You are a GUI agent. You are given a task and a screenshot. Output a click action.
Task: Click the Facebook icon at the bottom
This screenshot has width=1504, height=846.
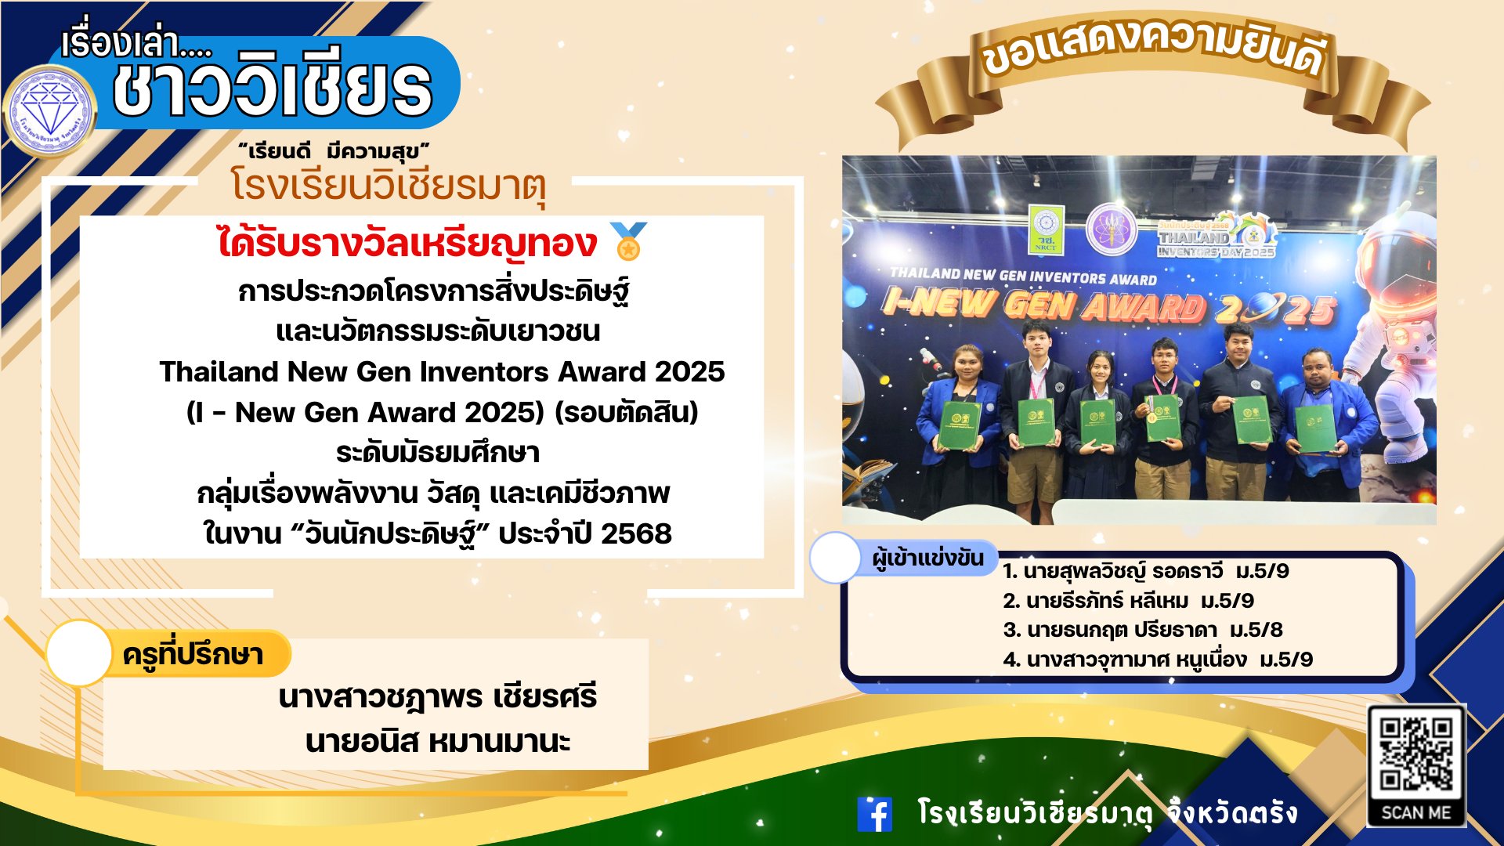[875, 814]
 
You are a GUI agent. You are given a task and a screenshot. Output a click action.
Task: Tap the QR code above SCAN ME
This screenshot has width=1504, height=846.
[1416, 756]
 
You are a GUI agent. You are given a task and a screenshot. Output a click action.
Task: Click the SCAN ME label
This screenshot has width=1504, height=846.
[1416, 812]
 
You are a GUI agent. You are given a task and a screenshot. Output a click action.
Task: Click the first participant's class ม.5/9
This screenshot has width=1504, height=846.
[1262, 571]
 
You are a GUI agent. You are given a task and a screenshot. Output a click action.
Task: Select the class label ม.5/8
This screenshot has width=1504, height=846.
[1256, 630]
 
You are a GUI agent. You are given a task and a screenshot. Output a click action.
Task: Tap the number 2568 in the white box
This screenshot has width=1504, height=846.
[636, 533]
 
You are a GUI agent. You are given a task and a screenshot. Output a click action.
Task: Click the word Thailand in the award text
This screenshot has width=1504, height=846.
[219, 371]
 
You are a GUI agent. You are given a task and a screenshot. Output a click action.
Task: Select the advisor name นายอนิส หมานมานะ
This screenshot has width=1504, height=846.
[438, 741]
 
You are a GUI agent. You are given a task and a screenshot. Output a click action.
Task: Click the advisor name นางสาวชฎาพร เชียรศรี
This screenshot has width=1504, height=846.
[438, 696]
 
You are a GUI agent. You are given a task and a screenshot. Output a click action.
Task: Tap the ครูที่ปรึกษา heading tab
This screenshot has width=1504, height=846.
[193, 655]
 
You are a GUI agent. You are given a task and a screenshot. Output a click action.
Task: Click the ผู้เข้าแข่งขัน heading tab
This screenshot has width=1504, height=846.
[928, 559]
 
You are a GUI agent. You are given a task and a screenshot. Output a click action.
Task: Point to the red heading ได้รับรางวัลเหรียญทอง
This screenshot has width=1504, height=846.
[407, 243]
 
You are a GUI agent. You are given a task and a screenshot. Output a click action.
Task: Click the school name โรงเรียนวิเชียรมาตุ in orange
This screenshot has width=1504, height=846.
[388, 186]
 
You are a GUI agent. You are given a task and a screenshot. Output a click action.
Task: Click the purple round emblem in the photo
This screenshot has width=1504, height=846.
[1111, 229]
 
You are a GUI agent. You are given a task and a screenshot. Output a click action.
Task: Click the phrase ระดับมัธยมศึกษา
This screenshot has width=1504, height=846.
[438, 453]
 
